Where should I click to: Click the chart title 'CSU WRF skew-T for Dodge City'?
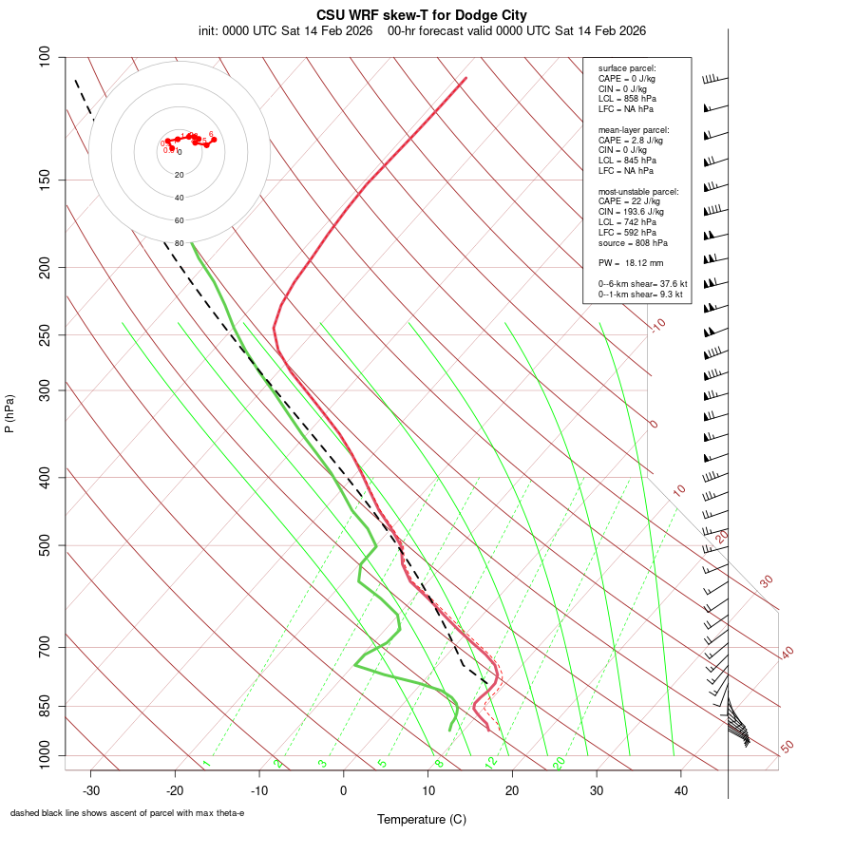pyautogui.click(x=421, y=15)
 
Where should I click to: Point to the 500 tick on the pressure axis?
pyautogui.click(x=44, y=545)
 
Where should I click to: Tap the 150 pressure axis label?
pyautogui.click(x=44, y=180)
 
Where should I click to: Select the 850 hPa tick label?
pyautogui.click(x=44, y=706)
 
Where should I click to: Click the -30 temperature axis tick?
pyautogui.click(x=91, y=789)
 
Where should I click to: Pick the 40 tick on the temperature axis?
pyautogui.click(x=681, y=789)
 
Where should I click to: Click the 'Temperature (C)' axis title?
pyautogui.click(x=421, y=819)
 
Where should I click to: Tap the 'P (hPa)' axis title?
pyautogui.click(x=10, y=413)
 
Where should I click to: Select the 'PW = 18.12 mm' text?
pyautogui.click(x=630, y=262)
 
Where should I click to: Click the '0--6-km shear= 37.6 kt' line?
pyautogui.click(x=642, y=283)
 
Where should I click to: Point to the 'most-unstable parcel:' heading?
pyautogui.click(x=638, y=191)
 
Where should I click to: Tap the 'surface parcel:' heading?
pyautogui.click(x=627, y=68)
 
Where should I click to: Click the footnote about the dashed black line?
pyautogui.click(x=127, y=812)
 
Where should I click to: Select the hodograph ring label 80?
pyautogui.click(x=179, y=243)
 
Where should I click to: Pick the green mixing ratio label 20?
pyautogui.click(x=559, y=762)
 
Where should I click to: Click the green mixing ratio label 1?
pyautogui.click(x=205, y=764)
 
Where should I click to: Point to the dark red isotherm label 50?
pyautogui.click(x=787, y=747)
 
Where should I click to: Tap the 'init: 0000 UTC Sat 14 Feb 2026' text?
pyautogui.click(x=286, y=30)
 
